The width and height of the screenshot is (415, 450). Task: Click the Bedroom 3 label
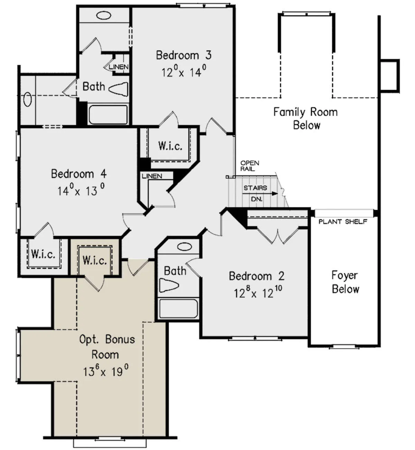184,56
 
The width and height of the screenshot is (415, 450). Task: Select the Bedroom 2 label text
257,276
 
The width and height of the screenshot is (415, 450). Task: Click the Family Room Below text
306,118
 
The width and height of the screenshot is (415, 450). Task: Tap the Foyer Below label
345,282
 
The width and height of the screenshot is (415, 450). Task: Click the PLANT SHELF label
343,222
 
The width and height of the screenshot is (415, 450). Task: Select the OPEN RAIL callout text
250,166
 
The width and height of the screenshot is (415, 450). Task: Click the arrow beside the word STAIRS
260,193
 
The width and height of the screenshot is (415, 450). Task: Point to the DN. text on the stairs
257,199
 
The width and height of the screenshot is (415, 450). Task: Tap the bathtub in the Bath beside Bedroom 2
178,309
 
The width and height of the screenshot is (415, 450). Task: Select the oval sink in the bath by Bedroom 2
185,247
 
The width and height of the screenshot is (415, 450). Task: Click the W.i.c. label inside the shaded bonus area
95,260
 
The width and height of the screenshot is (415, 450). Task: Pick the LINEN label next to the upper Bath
119,67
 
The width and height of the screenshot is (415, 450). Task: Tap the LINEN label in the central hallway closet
152,176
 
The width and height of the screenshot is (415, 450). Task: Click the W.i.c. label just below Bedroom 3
170,146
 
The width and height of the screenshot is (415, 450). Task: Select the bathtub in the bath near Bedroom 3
108,115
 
